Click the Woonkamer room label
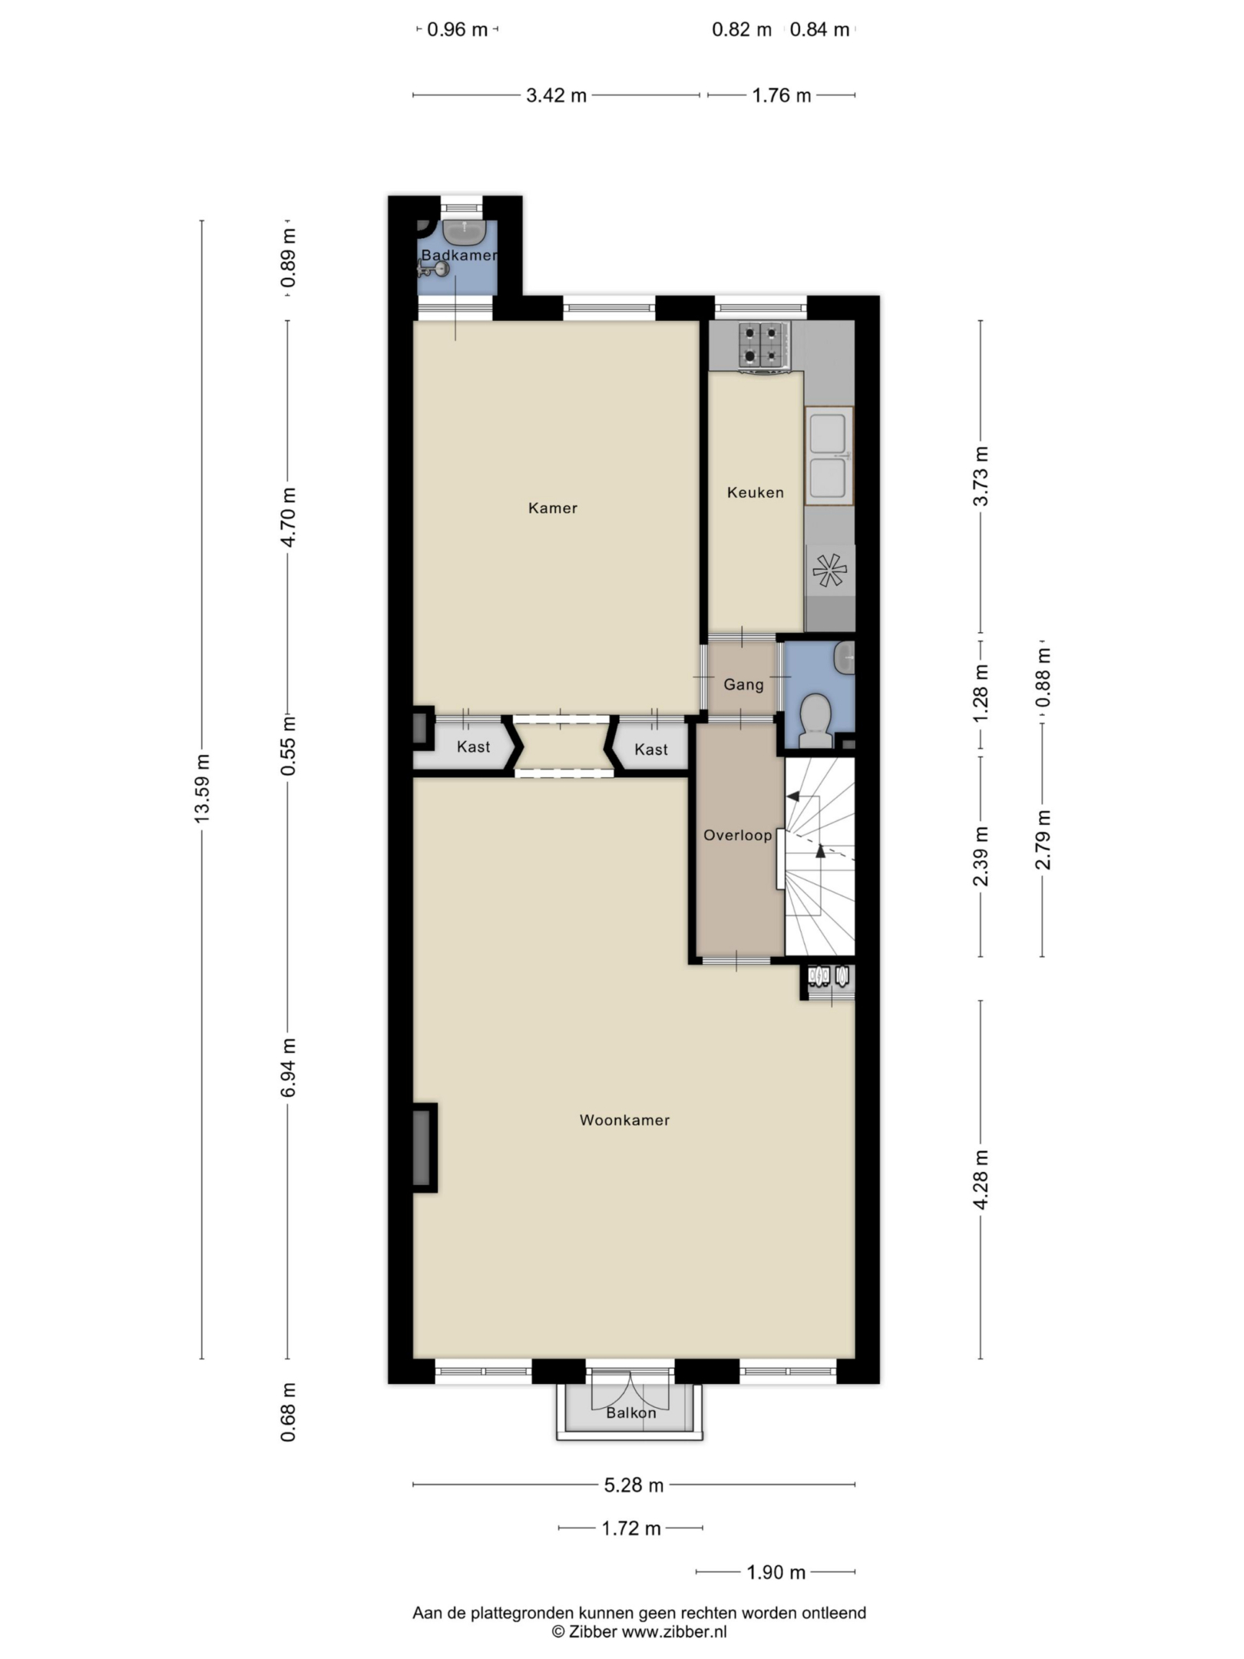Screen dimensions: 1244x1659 pyautogui.click(x=624, y=1120)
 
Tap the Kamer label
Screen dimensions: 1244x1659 pyautogui.click(x=553, y=508)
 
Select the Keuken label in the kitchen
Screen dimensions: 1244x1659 pyautogui.click(x=756, y=492)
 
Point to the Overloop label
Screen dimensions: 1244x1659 pyautogui.click(x=738, y=835)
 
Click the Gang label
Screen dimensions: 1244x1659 pyautogui.click(x=743, y=684)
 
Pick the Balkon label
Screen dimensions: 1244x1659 pyautogui.click(x=631, y=1412)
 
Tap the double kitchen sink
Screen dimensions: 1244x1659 pyautogui.click(x=829, y=455)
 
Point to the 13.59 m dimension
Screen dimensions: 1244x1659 pyautogui.click(x=202, y=789)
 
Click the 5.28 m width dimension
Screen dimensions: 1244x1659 pyautogui.click(x=634, y=1485)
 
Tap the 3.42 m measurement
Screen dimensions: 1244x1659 pyautogui.click(x=556, y=95)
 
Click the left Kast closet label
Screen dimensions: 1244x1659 pyautogui.click(x=473, y=747)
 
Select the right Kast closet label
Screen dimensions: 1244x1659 pyautogui.click(x=651, y=750)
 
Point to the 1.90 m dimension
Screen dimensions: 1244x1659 pyautogui.click(x=776, y=1572)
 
